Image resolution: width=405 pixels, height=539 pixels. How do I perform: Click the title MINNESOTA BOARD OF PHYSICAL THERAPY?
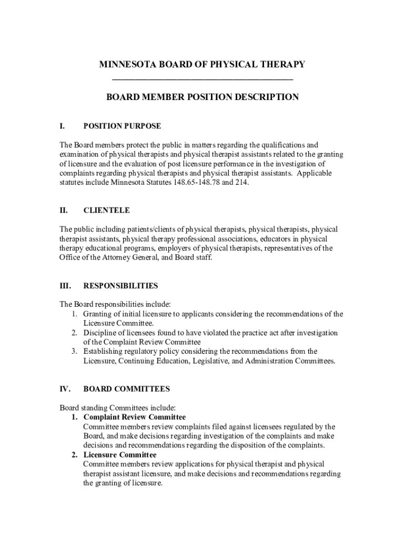tap(202, 64)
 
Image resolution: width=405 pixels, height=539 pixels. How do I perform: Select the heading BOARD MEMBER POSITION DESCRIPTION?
tap(202, 97)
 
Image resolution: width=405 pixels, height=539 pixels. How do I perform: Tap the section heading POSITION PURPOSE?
tap(122, 126)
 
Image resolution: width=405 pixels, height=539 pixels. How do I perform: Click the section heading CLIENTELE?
tap(106, 211)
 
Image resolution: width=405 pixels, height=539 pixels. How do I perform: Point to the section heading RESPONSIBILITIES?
tap(120, 286)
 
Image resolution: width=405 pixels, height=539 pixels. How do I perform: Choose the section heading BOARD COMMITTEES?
tap(126, 390)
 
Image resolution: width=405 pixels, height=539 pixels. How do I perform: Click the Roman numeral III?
tap(65, 286)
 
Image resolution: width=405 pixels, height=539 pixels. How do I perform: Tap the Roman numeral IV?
tap(65, 390)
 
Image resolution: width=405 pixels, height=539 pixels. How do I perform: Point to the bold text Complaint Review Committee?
tap(134, 417)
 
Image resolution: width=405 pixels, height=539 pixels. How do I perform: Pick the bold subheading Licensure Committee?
tap(119, 455)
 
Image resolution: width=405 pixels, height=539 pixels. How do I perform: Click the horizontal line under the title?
tap(202, 79)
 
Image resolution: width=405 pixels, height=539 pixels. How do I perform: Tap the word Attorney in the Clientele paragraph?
tap(111, 258)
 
